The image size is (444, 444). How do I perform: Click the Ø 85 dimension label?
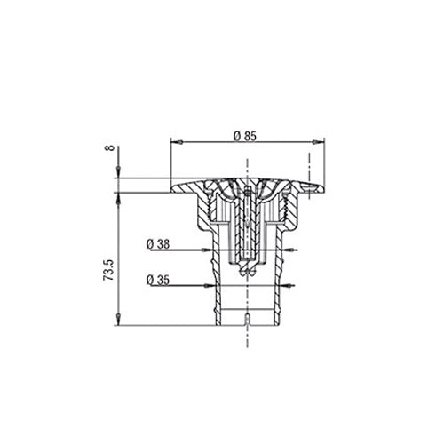pos(244,136)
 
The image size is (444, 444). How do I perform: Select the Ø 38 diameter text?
pos(158,244)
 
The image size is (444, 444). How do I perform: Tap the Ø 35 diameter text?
pos(158,280)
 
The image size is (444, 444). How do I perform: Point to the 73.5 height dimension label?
pos(108,270)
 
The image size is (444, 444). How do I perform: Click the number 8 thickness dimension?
pos(110,147)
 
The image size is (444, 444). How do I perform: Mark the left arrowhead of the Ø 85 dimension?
pos(177,142)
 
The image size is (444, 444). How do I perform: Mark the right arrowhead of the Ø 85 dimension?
pos(319,142)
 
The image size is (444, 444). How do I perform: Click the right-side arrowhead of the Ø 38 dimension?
pos(289,250)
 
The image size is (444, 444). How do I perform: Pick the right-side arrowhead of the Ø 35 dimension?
pos(287,286)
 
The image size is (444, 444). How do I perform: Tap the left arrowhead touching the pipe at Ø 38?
pos(207,250)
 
